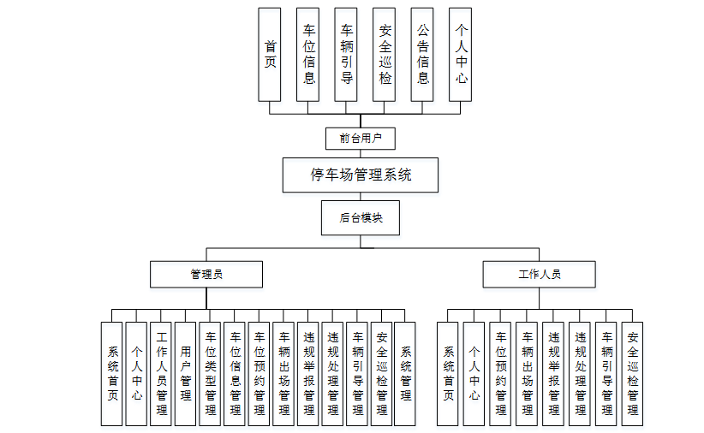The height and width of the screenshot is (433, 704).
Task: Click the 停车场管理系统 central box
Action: click(361, 175)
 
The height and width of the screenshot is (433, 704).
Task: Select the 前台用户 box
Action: click(361, 137)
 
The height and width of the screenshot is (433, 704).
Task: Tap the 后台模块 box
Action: click(361, 218)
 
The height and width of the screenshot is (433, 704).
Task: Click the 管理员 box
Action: click(206, 275)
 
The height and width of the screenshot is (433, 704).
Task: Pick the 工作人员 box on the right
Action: click(539, 275)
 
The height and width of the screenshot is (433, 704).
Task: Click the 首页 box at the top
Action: click(271, 55)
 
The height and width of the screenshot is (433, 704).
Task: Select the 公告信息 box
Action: click(423, 55)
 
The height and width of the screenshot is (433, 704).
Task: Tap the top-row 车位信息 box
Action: click(309, 55)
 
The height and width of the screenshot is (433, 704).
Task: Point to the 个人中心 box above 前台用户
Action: click(461, 55)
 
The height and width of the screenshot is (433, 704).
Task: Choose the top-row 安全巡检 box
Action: click(385, 55)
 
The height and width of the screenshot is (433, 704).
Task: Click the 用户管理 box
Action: click(185, 374)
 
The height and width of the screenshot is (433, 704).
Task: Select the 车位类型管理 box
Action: click(210, 374)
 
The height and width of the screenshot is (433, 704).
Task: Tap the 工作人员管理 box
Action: click(161, 374)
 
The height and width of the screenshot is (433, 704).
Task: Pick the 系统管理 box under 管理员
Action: click(405, 374)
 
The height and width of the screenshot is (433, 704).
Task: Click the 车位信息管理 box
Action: click(235, 374)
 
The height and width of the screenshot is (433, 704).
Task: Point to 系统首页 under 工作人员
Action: click(448, 374)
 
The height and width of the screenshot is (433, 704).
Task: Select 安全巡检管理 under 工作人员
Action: click(632, 374)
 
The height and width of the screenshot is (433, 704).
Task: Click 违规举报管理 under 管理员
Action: click(308, 374)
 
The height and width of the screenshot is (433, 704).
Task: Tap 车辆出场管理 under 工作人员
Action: click(527, 374)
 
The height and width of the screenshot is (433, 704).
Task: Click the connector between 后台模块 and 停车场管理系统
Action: click(361, 196)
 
